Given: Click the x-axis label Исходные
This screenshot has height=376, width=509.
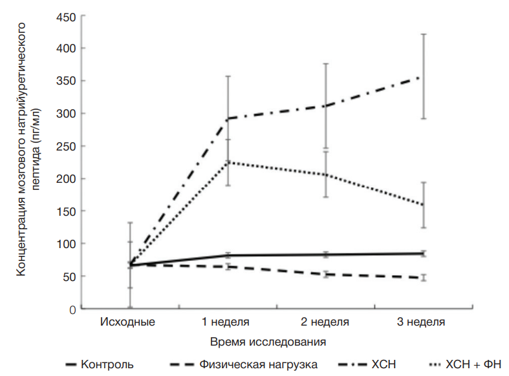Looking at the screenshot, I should click(x=128, y=321).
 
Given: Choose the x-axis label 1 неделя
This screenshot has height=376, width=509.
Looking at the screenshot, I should click(x=227, y=321).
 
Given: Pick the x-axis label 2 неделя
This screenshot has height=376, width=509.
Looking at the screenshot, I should click(x=325, y=321).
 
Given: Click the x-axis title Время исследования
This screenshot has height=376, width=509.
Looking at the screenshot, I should click(x=267, y=339).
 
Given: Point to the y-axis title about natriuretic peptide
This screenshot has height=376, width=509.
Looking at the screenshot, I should click(x=29, y=149).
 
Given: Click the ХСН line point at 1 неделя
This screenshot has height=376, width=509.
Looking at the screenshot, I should click(x=227, y=119).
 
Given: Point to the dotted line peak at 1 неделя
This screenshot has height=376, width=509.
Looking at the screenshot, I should click(x=227, y=162).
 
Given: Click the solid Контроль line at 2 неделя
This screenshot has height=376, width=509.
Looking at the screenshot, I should click(x=325, y=255).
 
